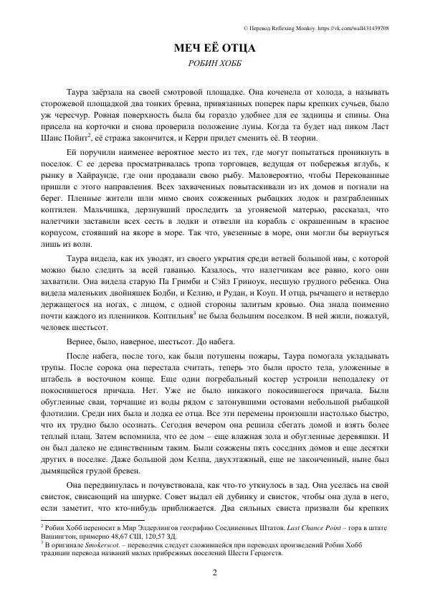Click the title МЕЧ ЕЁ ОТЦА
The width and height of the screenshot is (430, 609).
coord(215,49)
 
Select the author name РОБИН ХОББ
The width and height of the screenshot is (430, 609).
coord(215,64)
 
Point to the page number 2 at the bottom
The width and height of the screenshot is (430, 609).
coord(215,572)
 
